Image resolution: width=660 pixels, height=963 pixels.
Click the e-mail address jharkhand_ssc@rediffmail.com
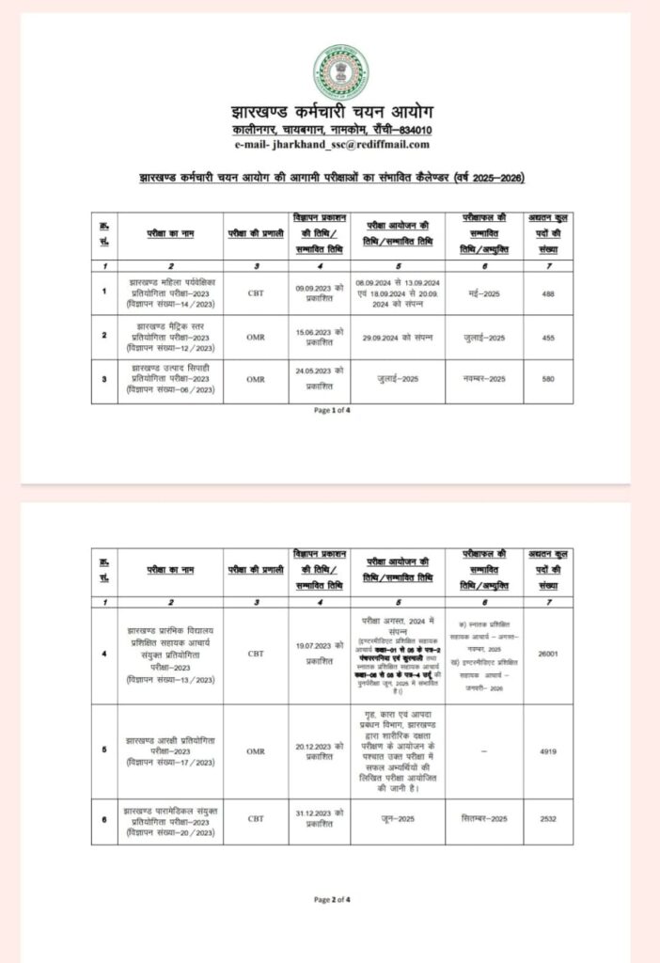click(333, 144)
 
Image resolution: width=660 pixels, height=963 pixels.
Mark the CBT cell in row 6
click(255, 819)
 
